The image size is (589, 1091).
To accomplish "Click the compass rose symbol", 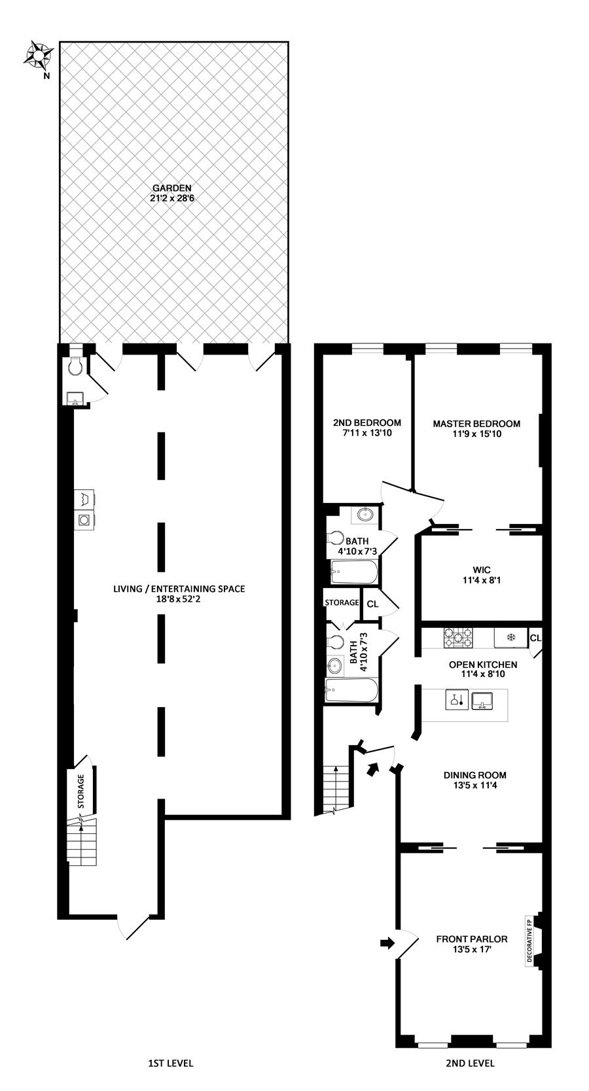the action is click(x=37, y=54).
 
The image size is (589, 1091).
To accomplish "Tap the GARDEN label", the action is click(x=172, y=188).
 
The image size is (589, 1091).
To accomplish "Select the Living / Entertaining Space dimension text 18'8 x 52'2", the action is click(x=179, y=599).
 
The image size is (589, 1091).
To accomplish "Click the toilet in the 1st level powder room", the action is click(x=75, y=367).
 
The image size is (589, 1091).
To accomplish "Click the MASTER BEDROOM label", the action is click(x=476, y=424).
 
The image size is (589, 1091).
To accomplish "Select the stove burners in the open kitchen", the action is click(x=457, y=638).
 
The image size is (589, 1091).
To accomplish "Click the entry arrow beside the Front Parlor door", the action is click(x=387, y=943).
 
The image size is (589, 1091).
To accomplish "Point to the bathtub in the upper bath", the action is click(x=354, y=571).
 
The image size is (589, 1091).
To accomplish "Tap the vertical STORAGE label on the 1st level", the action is click(x=81, y=791).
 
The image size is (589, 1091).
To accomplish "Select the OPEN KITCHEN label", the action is click(x=483, y=665).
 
